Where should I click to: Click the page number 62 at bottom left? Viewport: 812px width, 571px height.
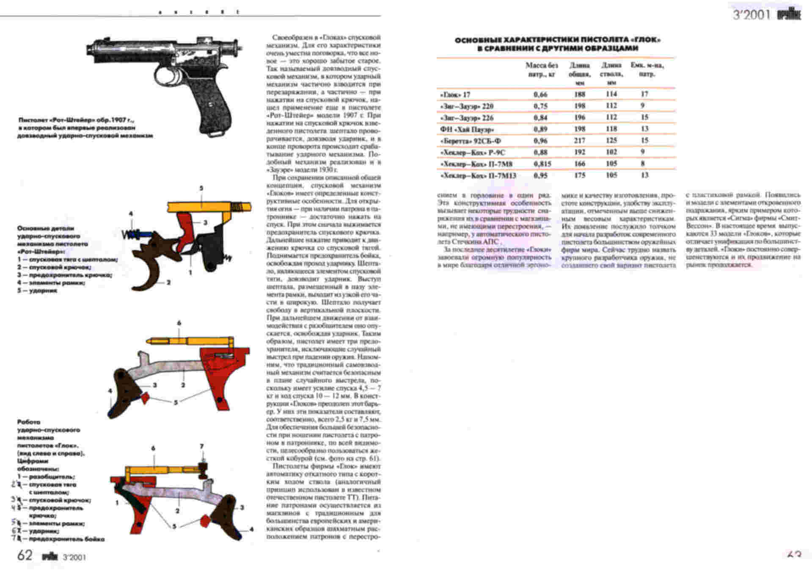25,555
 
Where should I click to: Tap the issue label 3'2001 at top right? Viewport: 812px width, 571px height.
751,15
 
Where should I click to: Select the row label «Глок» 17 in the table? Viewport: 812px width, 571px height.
455,94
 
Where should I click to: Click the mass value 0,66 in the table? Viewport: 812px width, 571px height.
540,94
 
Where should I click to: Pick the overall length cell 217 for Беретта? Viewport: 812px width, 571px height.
579,140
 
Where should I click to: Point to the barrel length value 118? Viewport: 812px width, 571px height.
611,129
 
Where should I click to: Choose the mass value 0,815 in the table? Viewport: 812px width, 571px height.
542,164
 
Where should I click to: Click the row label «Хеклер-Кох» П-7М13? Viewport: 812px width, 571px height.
478,175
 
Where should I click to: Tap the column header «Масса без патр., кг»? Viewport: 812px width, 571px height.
542,69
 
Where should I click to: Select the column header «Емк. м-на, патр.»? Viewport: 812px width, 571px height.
647,69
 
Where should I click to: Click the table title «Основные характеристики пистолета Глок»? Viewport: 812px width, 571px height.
558,44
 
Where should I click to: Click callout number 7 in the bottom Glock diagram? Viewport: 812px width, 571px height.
202,446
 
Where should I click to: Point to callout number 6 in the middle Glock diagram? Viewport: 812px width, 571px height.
179,323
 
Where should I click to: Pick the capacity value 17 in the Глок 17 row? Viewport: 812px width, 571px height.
644,94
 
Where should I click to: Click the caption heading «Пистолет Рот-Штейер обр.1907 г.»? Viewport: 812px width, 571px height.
76,120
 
